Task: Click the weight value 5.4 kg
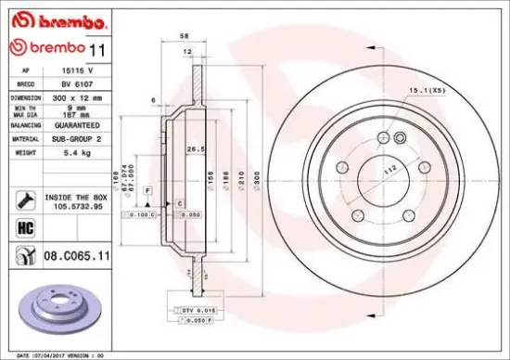click(x=63, y=150)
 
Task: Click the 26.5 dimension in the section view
click(x=196, y=148)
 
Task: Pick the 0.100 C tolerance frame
click(x=142, y=214)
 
